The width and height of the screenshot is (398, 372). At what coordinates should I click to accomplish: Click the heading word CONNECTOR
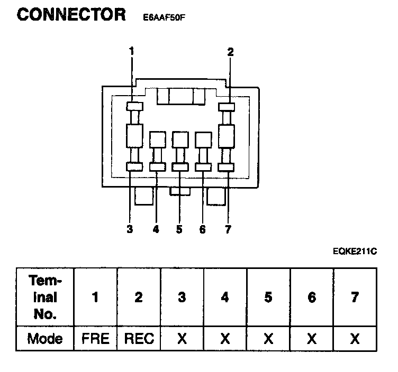[x=71, y=15]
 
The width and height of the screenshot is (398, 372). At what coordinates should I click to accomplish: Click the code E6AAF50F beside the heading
[x=164, y=17]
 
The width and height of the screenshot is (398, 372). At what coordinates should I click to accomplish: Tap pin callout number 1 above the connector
[x=131, y=51]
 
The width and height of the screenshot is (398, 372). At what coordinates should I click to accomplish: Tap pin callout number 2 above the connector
[x=230, y=51]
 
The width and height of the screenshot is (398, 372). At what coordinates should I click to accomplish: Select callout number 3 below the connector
[x=130, y=229]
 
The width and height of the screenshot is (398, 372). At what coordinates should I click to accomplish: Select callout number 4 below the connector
[x=156, y=229]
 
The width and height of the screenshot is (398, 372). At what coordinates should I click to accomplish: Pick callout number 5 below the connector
[x=179, y=229]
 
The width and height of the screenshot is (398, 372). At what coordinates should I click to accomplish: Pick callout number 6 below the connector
[x=202, y=229]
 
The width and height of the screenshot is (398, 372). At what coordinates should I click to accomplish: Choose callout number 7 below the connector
[x=228, y=229]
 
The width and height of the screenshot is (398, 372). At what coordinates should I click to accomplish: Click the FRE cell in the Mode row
[x=95, y=338]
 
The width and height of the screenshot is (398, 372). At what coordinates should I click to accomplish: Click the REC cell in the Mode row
[x=139, y=338]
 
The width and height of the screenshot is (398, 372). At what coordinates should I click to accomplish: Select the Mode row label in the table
[x=45, y=338]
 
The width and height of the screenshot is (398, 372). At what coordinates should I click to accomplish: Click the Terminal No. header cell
[x=45, y=297]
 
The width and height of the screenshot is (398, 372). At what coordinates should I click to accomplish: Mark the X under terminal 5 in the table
[x=268, y=338]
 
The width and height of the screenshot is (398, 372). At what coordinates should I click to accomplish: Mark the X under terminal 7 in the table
[x=355, y=338]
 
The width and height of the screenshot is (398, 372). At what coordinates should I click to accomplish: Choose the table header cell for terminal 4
[x=225, y=297]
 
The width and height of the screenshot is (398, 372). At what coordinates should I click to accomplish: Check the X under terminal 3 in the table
[x=182, y=338]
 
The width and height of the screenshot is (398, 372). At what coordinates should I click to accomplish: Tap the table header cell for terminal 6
[x=312, y=297]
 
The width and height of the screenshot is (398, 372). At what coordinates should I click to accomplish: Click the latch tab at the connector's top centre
[x=182, y=97]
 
